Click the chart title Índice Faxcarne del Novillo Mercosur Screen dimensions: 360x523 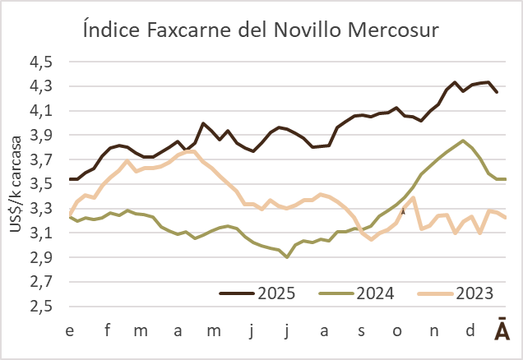click(x=261, y=30)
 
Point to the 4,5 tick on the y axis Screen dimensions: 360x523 click(x=42, y=62)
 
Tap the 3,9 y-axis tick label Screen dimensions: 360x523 click(x=42, y=135)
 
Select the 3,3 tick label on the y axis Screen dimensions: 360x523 click(x=42, y=209)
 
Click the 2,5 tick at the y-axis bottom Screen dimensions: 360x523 click(x=42, y=307)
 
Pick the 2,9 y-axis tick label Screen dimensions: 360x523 click(x=42, y=257)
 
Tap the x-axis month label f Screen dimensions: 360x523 click(x=107, y=330)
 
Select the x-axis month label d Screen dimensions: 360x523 click(x=470, y=330)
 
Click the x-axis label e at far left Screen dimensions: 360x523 click(x=71, y=330)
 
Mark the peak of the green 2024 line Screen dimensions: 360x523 click(x=464, y=141)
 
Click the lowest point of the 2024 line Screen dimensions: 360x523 click(x=286, y=257)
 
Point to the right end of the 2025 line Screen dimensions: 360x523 click(x=496, y=92)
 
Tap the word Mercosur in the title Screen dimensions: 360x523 click(x=386, y=30)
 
